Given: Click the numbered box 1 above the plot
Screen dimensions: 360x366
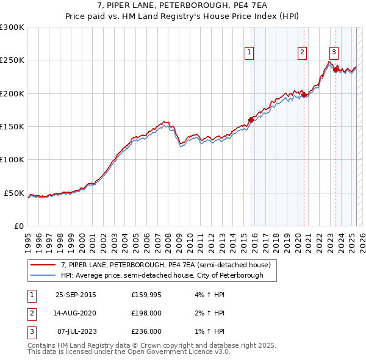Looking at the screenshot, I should pyautogui.click(x=250, y=53).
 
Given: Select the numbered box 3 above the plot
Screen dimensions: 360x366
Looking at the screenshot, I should pyautogui.click(x=334, y=53).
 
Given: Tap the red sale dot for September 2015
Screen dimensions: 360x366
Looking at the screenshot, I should pyautogui.click(x=251, y=120).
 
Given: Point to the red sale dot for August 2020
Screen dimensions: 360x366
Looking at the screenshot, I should pyautogui.click(x=304, y=95).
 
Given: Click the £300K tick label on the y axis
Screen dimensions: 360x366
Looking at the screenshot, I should pyautogui.click(x=12, y=27).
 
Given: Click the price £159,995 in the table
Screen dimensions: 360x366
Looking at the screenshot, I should pyautogui.click(x=146, y=295).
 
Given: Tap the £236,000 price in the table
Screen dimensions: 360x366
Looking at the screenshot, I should pyautogui.click(x=146, y=331).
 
